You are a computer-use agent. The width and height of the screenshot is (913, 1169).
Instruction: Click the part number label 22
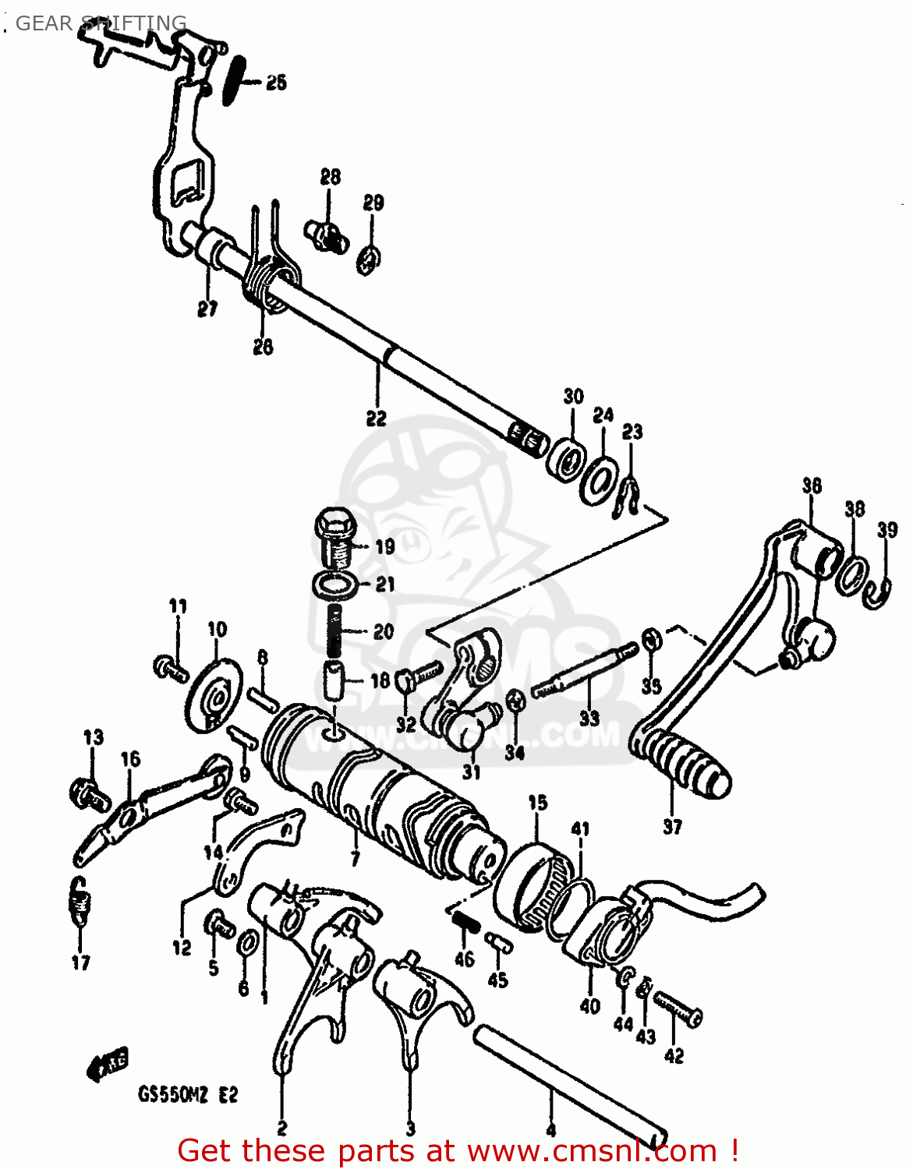click(376, 419)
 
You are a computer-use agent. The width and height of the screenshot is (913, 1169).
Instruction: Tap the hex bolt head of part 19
click(334, 521)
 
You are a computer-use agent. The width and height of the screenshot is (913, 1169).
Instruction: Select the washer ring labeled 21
click(335, 584)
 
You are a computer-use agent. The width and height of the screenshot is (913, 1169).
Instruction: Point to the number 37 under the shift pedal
click(672, 826)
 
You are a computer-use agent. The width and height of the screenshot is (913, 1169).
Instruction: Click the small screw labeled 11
click(169, 668)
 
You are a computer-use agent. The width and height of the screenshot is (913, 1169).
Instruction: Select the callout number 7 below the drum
click(355, 859)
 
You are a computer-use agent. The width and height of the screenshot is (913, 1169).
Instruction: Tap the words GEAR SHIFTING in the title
click(101, 23)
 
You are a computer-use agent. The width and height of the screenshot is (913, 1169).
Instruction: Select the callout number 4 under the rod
click(551, 1129)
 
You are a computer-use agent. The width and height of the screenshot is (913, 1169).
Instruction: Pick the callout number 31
click(471, 772)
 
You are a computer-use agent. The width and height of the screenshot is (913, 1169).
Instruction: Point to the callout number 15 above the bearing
click(538, 803)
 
